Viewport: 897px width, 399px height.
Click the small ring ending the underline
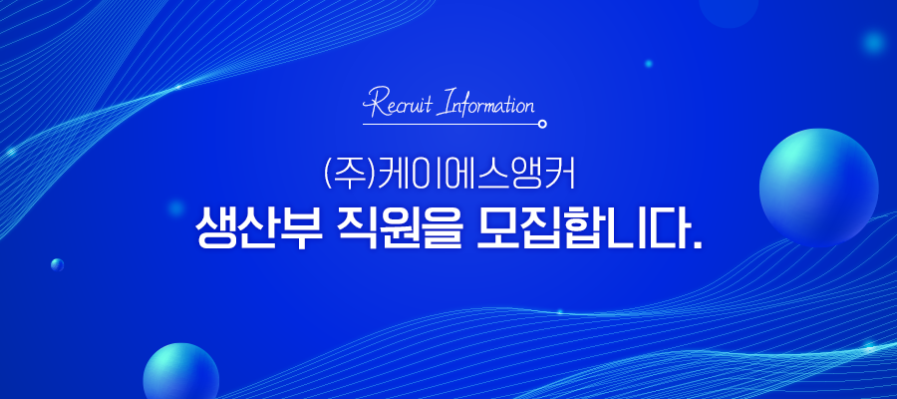tap(542, 124)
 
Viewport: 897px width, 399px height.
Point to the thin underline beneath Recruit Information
tap(450, 124)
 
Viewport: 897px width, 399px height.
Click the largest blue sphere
tap(818, 188)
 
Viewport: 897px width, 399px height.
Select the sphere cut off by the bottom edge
tap(180, 371)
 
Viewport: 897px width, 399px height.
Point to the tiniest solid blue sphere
tap(57, 264)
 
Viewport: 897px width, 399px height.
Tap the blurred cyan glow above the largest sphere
tap(873, 41)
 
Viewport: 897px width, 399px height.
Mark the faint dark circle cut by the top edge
tap(729, 10)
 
